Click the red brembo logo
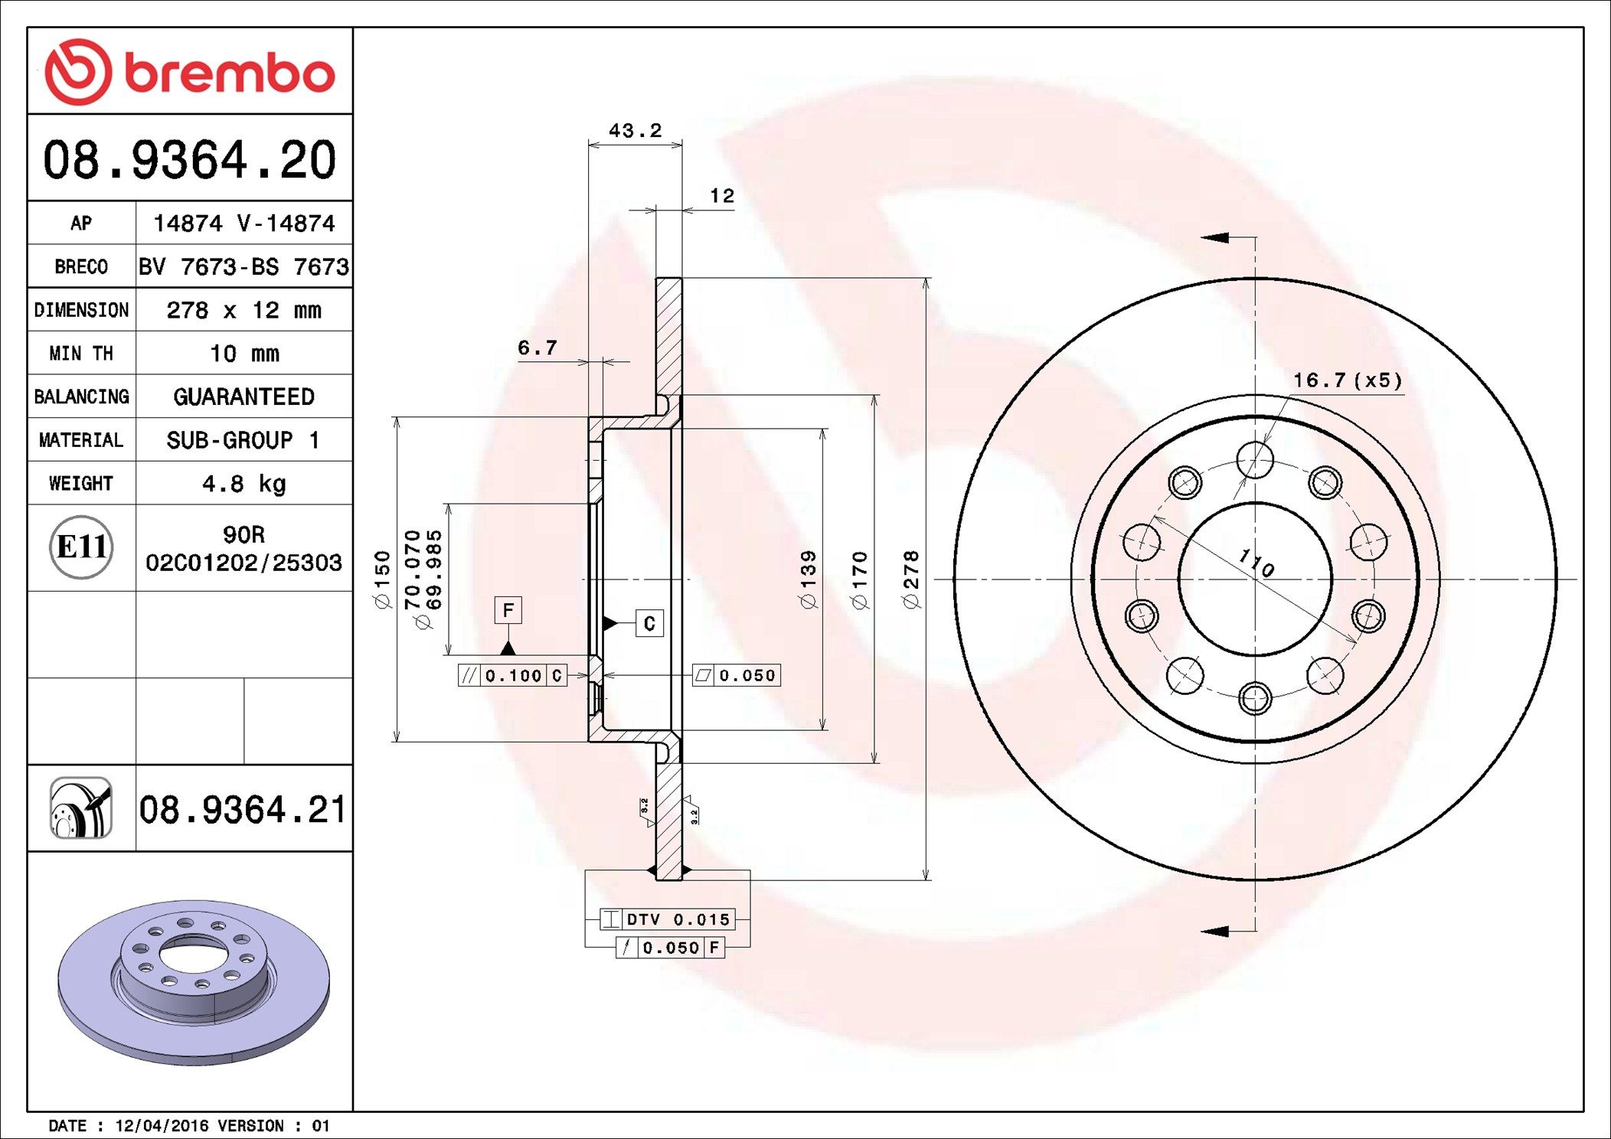[x=190, y=72]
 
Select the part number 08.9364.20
[x=190, y=160]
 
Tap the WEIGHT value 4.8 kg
[x=244, y=484]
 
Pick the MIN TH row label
[x=81, y=353]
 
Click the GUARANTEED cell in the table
[x=244, y=397]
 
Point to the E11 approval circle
[x=81, y=547]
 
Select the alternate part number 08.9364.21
[x=243, y=809]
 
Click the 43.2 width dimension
[x=635, y=131]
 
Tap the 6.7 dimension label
[x=538, y=348]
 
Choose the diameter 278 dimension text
[x=910, y=579]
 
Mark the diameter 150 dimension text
[x=382, y=579]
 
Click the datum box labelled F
[x=508, y=610]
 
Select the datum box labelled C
[x=649, y=623]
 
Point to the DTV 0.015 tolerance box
[x=667, y=919]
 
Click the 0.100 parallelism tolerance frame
[x=512, y=675]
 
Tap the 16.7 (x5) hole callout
[x=1348, y=380]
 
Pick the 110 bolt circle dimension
[x=1256, y=563]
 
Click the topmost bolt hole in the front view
[x=1255, y=460]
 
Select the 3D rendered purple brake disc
[x=194, y=982]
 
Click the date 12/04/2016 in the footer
[x=162, y=1125]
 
